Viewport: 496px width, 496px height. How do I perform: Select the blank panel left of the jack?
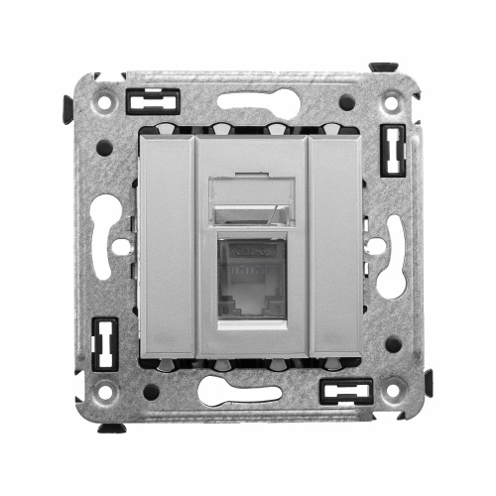coord(169,247)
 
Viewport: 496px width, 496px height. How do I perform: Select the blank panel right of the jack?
coord(324,247)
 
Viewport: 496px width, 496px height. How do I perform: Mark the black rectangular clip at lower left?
coord(101,341)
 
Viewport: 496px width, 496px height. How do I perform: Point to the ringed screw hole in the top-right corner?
coord(393,100)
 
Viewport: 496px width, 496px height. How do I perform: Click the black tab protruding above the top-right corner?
coord(384,67)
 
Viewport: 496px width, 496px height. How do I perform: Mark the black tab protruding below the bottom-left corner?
coord(112,428)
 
